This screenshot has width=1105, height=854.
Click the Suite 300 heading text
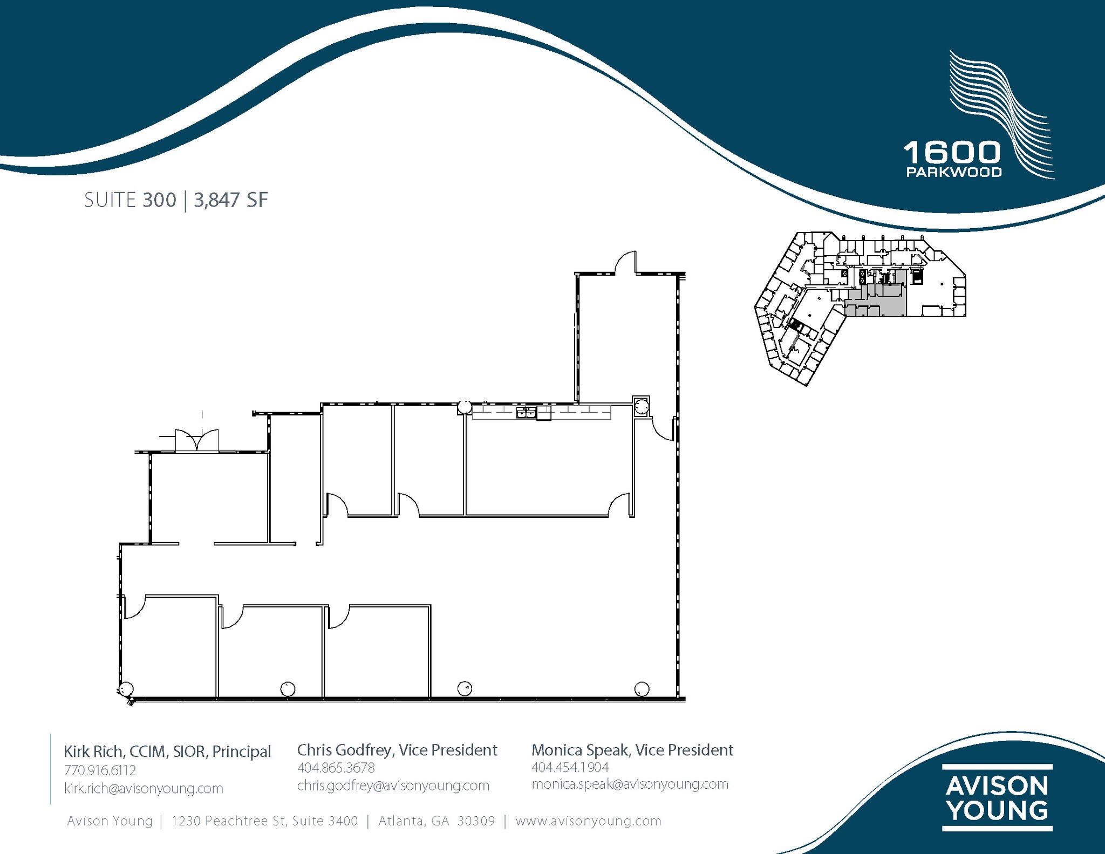(x=130, y=200)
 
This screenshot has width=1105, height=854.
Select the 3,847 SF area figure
(x=231, y=200)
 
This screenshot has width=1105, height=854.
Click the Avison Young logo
(x=997, y=797)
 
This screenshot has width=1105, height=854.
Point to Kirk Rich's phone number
(x=100, y=770)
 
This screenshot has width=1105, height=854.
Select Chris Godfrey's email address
(x=393, y=785)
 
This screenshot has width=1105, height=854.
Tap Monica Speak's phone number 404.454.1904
(x=570, y=767)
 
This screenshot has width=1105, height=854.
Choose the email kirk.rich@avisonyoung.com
(x=144, y=788)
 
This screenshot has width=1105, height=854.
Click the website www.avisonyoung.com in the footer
(x=588, y=821)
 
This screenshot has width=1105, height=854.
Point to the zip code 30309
(x=476, y=821)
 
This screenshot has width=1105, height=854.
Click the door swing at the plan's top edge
(x=625, y=263)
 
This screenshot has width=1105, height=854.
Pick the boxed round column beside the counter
(x=641, y=406)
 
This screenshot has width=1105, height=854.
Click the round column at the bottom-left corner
(x=126, y=689)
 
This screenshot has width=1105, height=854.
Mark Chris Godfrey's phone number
(x=336, y=768)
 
